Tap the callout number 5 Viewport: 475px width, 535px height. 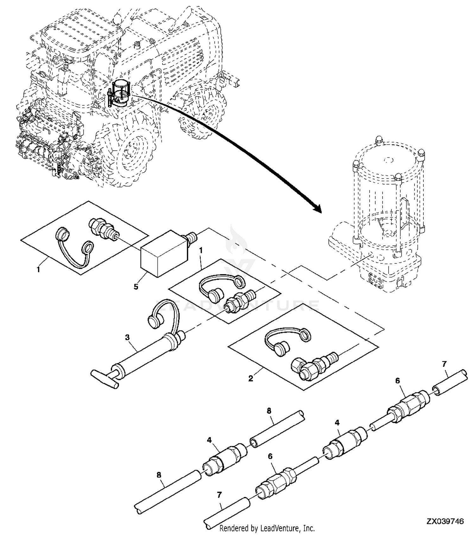coord(136,286)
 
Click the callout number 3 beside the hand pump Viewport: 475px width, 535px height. coord(127,337)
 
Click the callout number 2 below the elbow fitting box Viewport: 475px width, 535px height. coord(250,378)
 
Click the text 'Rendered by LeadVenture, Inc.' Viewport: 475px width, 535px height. coord(267,528)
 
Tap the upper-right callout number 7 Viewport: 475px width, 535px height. coord(444,364)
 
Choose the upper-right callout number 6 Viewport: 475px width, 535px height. coord(397,381)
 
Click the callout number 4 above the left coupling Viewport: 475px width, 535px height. coord(209,440)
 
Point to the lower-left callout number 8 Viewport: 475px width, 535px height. coord(159,475)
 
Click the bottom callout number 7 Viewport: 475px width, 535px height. coord(219,494)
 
